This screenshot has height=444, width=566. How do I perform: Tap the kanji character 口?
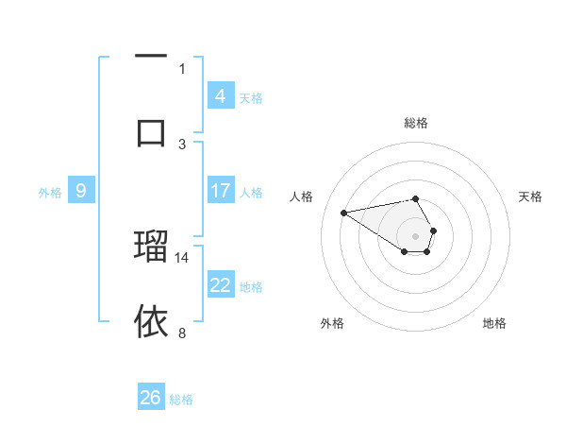(x=151, y=131)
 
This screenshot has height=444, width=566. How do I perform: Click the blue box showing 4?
(x=220, y=95)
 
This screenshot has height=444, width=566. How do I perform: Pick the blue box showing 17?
(x=220, y=191)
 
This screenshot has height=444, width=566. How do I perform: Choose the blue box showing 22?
(x=220, y=285)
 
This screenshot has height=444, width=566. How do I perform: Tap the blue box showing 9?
(x=81, y=191)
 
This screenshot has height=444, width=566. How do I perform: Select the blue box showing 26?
(x=151, y=398)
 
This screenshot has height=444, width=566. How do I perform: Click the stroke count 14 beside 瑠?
(x=182, y=257)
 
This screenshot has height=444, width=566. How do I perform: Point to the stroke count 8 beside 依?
(x=182, y=333)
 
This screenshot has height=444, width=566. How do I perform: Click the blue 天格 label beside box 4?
(x=251, y=97)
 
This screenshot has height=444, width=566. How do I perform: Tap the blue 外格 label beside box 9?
(x=50, y=192)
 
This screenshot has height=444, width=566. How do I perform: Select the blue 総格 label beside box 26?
(x=181, y=399)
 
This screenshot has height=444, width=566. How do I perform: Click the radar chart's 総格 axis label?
(x=416, y=123)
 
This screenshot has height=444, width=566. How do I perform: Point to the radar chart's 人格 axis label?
(x=301, y=196)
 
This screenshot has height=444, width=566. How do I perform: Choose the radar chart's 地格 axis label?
(x=494, y=323)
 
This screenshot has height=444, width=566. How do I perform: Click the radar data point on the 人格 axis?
(x=344, y=212)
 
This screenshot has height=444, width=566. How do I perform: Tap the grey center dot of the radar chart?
(x=416, y=235)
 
